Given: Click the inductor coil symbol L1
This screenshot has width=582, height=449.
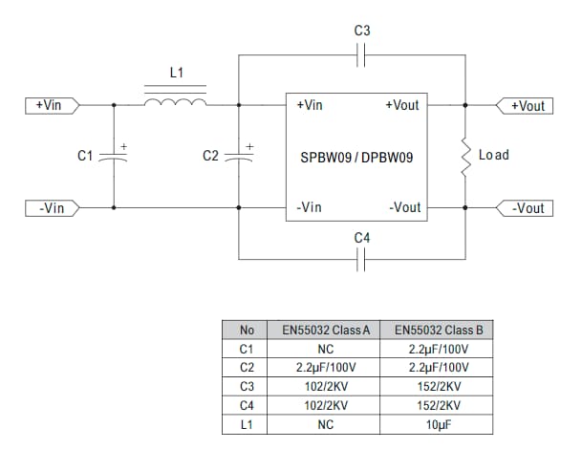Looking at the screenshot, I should click(175, 102).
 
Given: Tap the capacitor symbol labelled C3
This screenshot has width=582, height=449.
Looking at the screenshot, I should click(361, 57).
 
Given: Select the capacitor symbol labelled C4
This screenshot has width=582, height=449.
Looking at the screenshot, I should click(361, 258).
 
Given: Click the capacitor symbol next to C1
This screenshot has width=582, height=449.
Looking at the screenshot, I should click(114, 156).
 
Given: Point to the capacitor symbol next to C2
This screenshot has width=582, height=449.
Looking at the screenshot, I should click(239, 156).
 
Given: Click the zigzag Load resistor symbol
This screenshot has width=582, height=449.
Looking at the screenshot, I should click(466, 157).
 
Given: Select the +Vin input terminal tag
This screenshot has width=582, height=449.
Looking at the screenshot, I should click(51, 105).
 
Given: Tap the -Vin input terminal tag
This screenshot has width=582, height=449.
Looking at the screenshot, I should click(51, 207).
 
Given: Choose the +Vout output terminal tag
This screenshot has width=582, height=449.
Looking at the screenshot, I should click(525, 105).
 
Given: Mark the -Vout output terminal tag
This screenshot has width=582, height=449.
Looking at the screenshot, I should click(525, 207).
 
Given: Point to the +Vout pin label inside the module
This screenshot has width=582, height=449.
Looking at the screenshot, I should click(402, 105).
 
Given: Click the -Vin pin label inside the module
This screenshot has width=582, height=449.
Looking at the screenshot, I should click(311, 207).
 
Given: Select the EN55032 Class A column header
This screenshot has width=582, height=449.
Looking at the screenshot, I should click(325, 331).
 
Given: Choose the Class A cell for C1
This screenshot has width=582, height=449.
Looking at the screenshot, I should click(325, 348).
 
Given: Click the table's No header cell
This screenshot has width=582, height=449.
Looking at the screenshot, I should click(247, 331).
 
